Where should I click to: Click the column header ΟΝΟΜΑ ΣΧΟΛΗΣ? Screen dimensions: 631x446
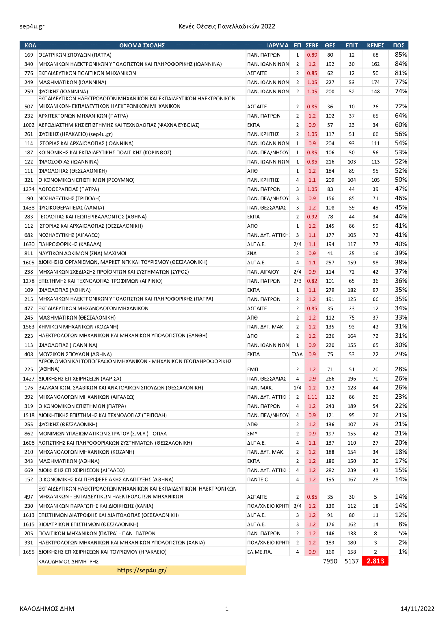tap(142, 46)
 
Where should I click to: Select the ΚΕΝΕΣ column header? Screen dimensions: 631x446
tap(375, 46)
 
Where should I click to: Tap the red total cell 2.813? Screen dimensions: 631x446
tap(375, 561)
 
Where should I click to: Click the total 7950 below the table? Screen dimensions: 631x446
tap(330, 561)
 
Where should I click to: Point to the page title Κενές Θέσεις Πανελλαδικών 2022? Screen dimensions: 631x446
tap(227, 26)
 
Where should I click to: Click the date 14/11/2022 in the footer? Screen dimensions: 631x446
tap(417, 609)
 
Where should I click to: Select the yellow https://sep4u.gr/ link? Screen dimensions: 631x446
tap(142, 570)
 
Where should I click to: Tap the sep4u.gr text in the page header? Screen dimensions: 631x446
tap(32, 26)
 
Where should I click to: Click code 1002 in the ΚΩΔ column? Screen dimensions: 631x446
tap(29, 125)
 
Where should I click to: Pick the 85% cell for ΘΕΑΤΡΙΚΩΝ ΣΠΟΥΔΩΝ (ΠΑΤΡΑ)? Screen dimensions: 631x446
tap(401, 55)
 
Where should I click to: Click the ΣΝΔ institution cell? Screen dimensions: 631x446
tap(252, 254)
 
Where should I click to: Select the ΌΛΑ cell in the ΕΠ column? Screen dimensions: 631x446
tap(297, 354)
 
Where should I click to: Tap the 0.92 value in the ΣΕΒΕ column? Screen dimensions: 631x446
tap(312, 217)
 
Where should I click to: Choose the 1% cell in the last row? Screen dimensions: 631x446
tap(403, 552)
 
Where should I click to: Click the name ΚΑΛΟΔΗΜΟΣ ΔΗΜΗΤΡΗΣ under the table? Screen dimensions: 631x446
tap(68, 561)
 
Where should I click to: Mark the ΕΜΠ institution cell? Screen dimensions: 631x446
tap(252, 369)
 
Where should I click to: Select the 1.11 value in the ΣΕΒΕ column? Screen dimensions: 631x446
tap(312, 397)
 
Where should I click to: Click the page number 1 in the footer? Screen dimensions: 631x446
tap(227, 609)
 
